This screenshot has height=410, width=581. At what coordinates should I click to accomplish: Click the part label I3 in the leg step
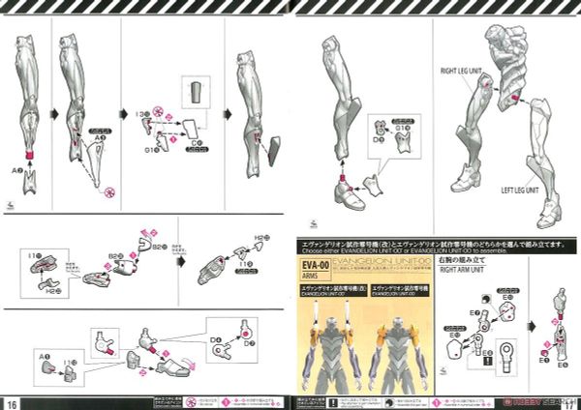click(141, 113)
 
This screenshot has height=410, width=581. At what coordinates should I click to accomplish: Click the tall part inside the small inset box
click(198, 95)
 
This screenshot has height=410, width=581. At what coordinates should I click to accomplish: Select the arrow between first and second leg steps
click(50, 112)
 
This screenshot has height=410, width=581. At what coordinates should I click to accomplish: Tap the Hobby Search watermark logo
click(536, 401)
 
